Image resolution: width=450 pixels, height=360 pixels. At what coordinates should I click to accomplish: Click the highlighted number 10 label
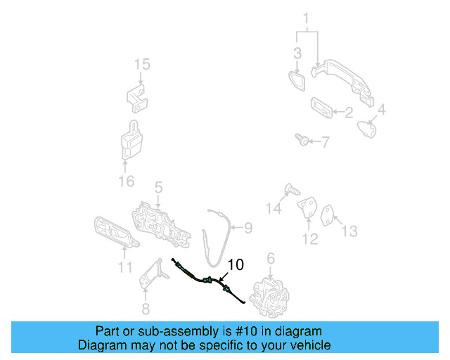[236, 264]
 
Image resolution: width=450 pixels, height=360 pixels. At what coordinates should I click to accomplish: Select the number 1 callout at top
[306, 18]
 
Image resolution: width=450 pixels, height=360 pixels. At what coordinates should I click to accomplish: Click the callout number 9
[247, 227]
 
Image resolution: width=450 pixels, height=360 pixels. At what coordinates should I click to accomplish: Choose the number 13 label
[349, 231]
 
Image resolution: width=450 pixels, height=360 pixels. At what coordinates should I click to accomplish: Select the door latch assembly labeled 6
[271, 290]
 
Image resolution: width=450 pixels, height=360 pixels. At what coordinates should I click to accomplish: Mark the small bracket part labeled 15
[139, 96]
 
